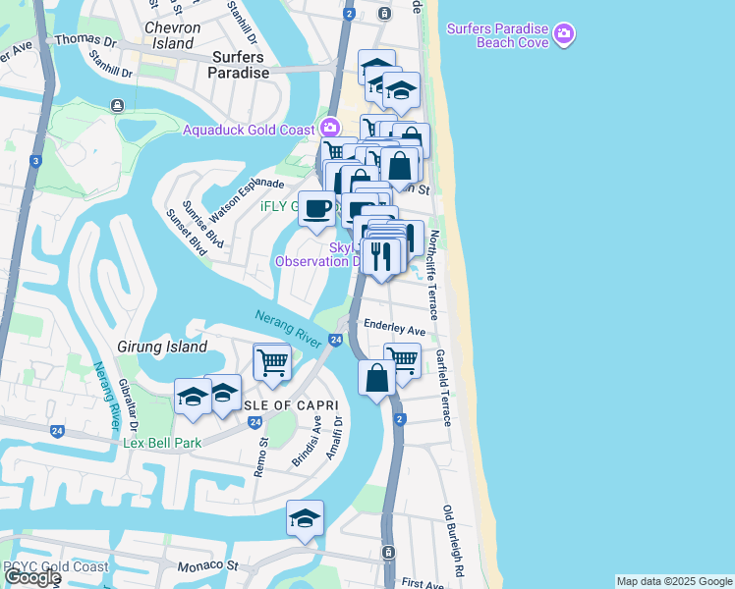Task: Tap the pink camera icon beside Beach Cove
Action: point(563,34)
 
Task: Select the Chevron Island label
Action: point(173,35)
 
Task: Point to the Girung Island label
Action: point(162,347)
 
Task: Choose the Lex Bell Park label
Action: point(162,443)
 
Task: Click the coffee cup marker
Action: point(316,208)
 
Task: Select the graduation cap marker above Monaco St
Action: point(305,519)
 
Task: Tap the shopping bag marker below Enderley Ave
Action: point(376,378)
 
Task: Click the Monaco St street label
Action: point(208,565)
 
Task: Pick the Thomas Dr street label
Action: point(85,41)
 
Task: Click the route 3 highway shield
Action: point(35,161)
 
